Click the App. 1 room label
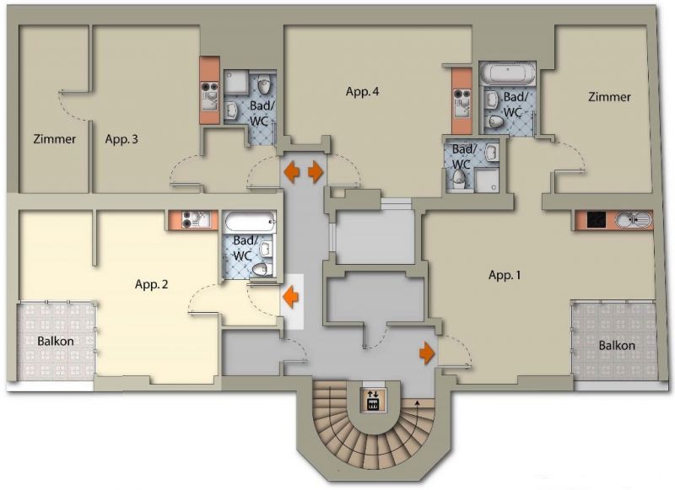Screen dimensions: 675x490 click(x=505, y=275)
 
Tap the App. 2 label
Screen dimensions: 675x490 click(x=152, y=284)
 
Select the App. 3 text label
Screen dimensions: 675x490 click(x=121, y=139)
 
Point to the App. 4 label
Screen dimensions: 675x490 click(x=363, y=92)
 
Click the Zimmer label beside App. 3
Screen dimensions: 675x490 click(x=55, y=139)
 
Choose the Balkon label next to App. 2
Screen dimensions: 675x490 click(x=56, y=342)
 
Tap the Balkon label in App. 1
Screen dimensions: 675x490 click(x=617, y=346)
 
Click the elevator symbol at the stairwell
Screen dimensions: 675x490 click(x=373, y=400)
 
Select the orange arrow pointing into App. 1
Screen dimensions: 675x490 click(x=427, y=353)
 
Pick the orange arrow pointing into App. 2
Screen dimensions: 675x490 click(x=291, y=297)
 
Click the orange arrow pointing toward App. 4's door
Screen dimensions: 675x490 click(x=316, y=171)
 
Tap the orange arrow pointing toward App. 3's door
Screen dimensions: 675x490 click(x=291, y=171)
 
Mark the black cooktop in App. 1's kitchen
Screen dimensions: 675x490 click(x=597, y=220)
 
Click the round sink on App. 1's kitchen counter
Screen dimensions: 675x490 click(x=623, y=220)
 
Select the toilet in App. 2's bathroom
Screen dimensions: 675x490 click(x=262, y=270)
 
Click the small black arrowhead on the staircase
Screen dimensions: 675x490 click(x=417, y=402)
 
